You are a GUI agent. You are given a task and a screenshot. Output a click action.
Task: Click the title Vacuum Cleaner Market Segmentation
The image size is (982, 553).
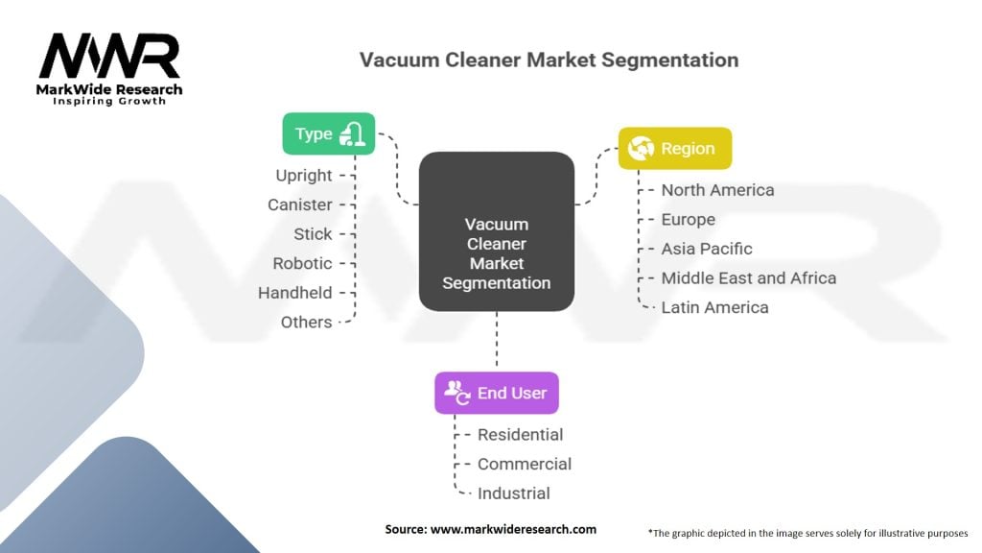(x=549, y=60)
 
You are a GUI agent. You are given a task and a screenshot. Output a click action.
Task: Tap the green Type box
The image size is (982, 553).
(x=328, y=134)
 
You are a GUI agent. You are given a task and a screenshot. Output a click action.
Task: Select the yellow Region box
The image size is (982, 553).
(x=674, y=149)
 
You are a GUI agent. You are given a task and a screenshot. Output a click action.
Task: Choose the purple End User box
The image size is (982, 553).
(x=496, y=393)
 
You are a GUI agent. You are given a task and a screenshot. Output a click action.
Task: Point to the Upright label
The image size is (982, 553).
(x=304, y=176)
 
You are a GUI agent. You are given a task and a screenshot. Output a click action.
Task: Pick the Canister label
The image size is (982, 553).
(x=300, y=204)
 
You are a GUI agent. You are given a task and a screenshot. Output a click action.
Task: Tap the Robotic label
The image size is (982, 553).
(x=302, y=263)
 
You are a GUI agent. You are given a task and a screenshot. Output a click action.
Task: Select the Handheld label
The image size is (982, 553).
(x=295, y=293)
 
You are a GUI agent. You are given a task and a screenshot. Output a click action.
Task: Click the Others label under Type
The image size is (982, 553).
(x=307, y=323)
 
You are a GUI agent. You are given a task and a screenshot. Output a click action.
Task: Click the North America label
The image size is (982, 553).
(x=717, y=190)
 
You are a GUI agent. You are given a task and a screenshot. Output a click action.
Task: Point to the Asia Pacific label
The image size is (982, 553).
(x=707, y=249)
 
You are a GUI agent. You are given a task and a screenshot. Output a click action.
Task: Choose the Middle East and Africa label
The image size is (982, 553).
(x=748, y=278)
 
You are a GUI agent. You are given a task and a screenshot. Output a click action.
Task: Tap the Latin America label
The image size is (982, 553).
(x=714, y=308)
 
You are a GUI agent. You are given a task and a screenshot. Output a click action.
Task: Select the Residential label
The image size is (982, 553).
(x=520, y=435)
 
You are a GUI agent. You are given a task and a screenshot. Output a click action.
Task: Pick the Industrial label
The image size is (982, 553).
(x=514, y=493)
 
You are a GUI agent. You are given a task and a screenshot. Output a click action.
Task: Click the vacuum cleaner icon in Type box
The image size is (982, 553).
(x=352, y=134)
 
